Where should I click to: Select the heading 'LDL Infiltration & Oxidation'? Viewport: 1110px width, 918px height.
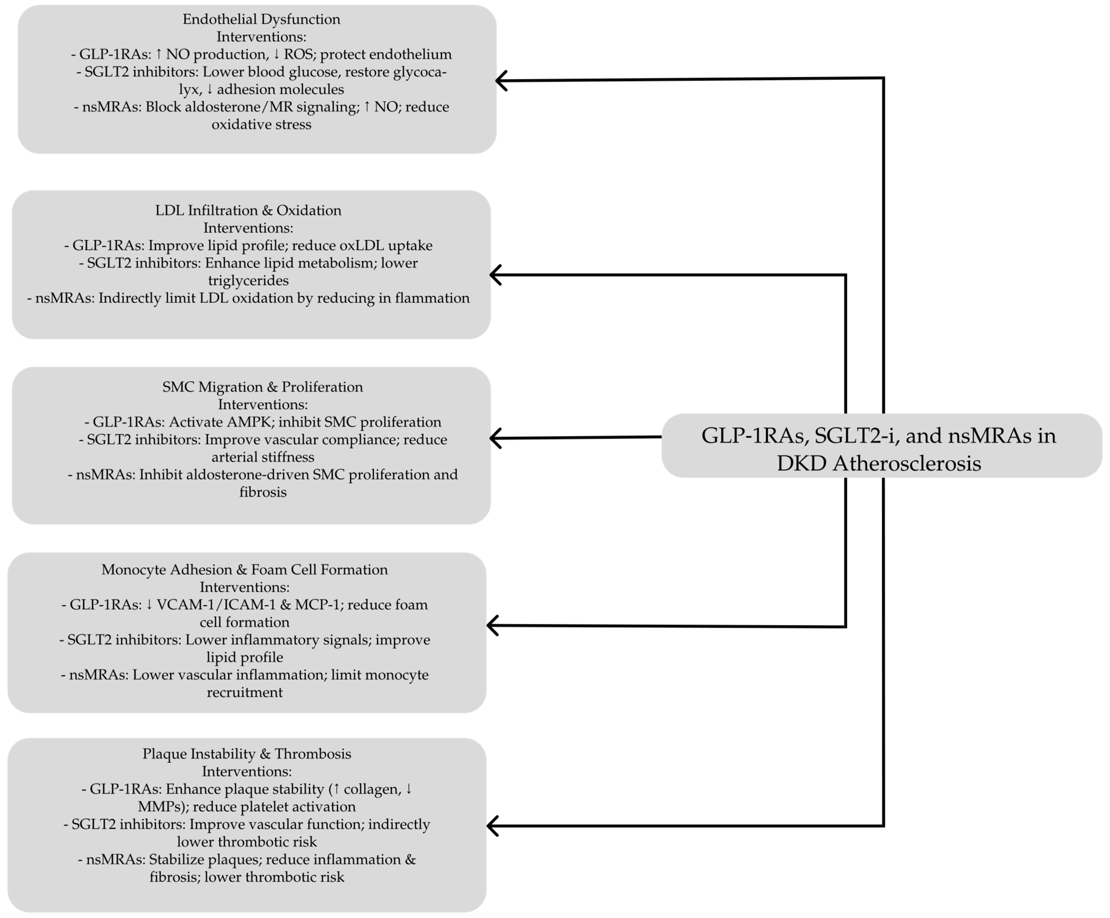(x=248, y=210)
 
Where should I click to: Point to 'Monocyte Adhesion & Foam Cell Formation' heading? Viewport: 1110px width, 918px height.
(x=244, y=570)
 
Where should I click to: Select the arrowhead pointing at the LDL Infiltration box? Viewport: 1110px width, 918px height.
(x=495, y=275)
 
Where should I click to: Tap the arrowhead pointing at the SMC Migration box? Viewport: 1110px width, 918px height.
(x=495, y=438)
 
